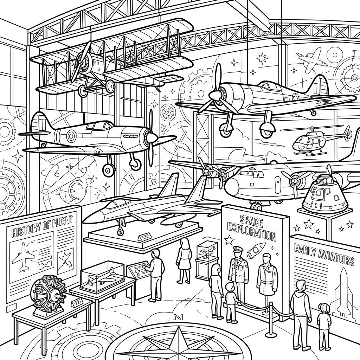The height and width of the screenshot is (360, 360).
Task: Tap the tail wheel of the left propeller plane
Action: tap(43, 144)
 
